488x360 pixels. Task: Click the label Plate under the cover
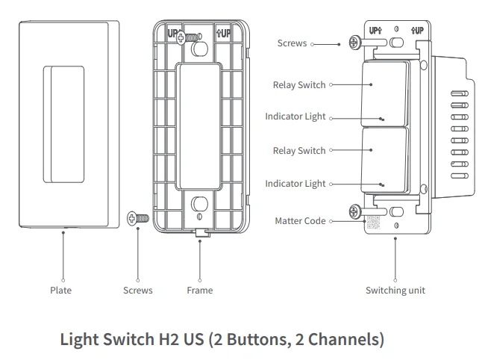click(x=60, y=290)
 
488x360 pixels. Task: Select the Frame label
click(x=199, y=290)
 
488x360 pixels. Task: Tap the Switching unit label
click(x=394, y=290)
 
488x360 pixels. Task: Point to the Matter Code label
click(x=300, y=221)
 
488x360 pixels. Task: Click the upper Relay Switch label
click(x=299, y=85)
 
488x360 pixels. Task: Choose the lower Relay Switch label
click(x=299, y=151)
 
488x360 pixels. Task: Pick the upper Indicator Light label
click(x=295, y=117)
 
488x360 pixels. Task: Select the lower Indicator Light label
click(x=295, y=184)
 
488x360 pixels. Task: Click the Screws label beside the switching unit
click(x=292, y=43)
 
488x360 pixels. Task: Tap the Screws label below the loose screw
click(x=137, y=290)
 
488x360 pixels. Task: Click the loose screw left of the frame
click(x=139, y=219)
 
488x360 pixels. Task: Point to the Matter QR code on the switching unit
click(x=372, y=222)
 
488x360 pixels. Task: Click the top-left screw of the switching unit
click(x=351, y=43)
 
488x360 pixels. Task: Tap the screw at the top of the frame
click(x=194, y=35)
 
